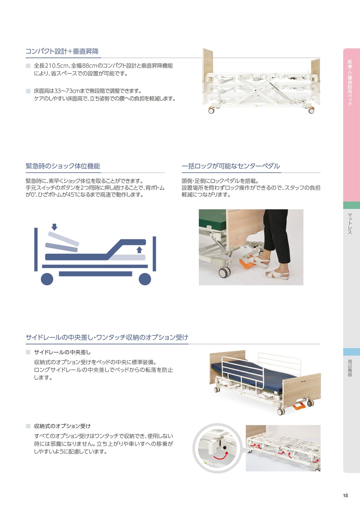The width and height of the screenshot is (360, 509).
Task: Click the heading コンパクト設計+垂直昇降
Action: point(62,51)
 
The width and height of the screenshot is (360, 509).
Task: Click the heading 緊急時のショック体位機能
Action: point(63,166)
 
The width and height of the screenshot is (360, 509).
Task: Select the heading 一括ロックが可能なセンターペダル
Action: point(231,166)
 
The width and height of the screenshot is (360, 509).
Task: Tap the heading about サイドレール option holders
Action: point(107,337)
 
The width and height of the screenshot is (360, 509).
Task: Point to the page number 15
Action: point(345,496)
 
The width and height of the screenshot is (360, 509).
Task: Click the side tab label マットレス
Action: point(350,224)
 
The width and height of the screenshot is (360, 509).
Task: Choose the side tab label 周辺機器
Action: point(350,368)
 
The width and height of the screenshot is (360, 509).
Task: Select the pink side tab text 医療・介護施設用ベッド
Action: point(350,83)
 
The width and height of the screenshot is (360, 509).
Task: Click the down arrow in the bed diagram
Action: point(54,227)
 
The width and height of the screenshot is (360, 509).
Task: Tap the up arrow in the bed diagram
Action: point(139,250)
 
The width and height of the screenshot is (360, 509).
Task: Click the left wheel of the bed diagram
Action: point(47,279)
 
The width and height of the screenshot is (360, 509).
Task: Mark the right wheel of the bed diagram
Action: point(145,279)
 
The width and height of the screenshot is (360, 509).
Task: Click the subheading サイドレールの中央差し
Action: point(62,352)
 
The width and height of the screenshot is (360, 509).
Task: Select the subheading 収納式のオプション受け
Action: point(62,426)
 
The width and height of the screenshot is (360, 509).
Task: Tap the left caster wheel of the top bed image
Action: point(211,111)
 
